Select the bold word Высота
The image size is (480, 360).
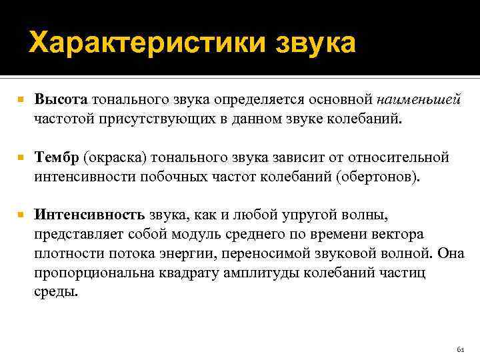tap(61, 100)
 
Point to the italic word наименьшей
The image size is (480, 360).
tap(419, 100)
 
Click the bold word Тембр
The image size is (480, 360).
tap(57, 158)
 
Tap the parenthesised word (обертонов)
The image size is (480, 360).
tap(379, 177)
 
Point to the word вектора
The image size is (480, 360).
tap(400, 235)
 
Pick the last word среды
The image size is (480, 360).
tap(55, 291)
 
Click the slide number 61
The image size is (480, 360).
tap(459, 349)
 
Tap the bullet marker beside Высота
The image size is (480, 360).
tap(22, 101)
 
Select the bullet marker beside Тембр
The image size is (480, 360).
tap(22, 159)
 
